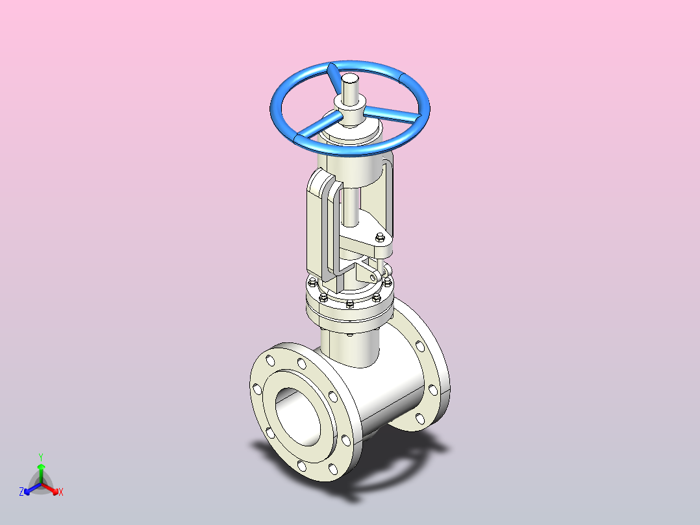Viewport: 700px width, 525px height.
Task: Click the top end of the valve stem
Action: pyautogui.click(x=349, y=79)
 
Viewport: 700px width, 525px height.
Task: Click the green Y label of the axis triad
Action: pyautogui.click(x=41, y=457)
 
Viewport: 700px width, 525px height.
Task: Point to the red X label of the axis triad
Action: pyautogui.click(x=61, y=492)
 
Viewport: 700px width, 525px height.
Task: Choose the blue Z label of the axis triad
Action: pyautogui.click(x=21, y=492)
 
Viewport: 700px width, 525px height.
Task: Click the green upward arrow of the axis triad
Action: pyautogui.click(x=41, y=474)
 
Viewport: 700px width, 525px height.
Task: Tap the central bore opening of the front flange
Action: pyautogui.click(x=298, y=416)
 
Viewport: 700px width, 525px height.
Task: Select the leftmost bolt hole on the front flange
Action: pyautogui.click(x=257, y=389)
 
